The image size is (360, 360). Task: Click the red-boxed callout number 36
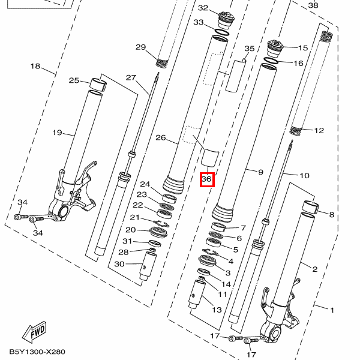click(x=207, y=179)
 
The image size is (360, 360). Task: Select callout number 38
click(x=313, y=5)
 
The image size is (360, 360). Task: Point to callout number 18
click(x=35, y=66)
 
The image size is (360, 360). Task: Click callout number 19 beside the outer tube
click(x=57, y=133)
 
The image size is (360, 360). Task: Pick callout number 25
click(x=74, y=80)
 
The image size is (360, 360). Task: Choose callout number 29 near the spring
click(x=140, y=47)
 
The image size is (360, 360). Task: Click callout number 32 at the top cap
click(x=203, y=8)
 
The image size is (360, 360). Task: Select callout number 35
click(x=250, y=48)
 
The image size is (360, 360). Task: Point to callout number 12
click(x=319, y=130)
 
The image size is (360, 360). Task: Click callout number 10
click(x=304, y=176)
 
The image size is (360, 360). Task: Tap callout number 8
click(x=331, y=214)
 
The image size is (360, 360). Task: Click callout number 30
click(x=119, y=264)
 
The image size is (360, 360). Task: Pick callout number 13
click(x=216, y=310)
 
